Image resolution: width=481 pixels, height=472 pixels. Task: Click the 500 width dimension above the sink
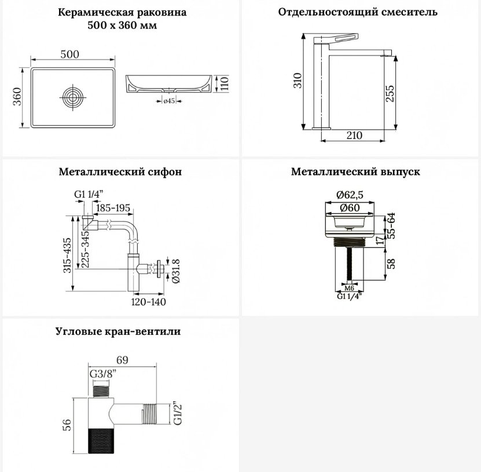click(70, 54)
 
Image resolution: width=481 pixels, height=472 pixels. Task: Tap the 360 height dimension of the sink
click(17, 96)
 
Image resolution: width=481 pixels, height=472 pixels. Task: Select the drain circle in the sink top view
click(73, 97)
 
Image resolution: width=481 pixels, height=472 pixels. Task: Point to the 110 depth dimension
click(225, 83)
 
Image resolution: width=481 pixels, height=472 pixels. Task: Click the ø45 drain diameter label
click(169, 101)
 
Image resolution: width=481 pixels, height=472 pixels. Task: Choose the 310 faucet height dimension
click(298, 81)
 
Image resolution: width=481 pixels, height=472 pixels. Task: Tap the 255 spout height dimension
click(390, 93)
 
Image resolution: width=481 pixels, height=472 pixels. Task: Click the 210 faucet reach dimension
click(354, 136)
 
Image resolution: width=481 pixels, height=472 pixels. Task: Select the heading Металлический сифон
click(120, 171)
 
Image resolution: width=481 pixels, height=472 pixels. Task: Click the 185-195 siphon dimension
click(113, 208)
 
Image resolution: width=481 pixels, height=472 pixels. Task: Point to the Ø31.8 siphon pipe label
click(176, 271)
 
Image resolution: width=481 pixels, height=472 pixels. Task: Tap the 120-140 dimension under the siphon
click(149, 302)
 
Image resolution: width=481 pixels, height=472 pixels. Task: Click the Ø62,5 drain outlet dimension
click(350, 195)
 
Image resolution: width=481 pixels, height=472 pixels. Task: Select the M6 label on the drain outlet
click(350, 288)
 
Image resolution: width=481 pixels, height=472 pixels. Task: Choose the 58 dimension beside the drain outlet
click(391, 264)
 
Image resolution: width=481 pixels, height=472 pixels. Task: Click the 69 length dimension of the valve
click(122, 360)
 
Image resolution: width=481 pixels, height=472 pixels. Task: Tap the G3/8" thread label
click(103, 374)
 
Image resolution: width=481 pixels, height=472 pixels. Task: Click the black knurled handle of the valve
click(101, 441)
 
